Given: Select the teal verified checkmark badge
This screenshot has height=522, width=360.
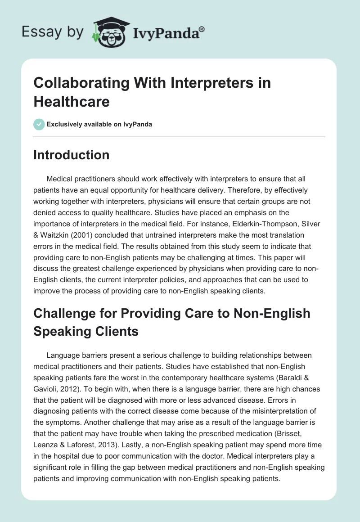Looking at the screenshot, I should point(39,124).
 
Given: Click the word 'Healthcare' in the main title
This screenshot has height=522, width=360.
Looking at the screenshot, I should point(72,101).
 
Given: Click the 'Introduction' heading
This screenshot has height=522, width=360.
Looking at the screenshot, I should point(72,155).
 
